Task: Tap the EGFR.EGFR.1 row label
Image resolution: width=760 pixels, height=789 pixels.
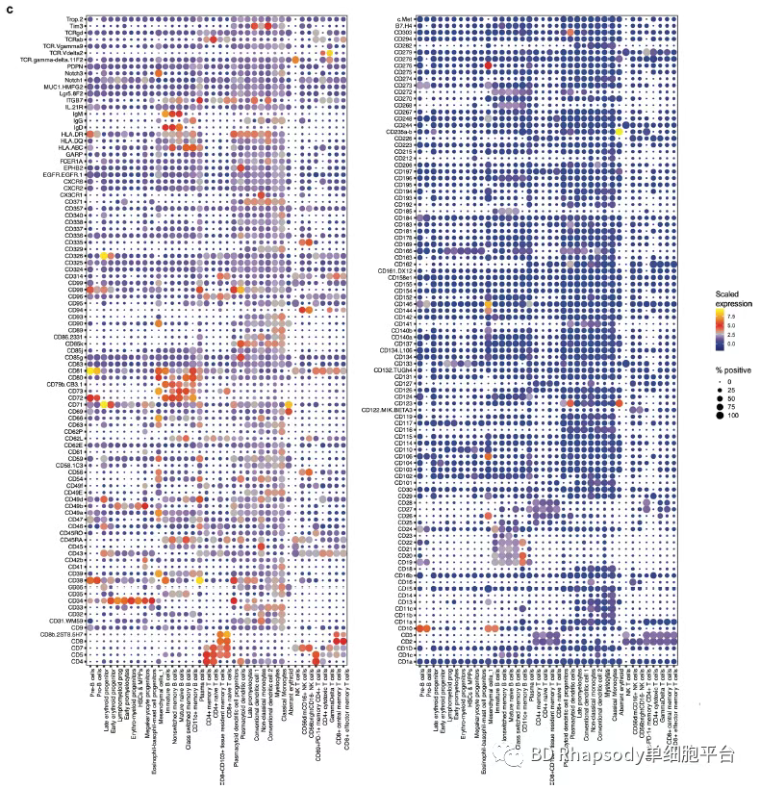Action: (64, 173)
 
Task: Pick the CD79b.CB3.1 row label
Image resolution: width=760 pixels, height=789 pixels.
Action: (66, 384)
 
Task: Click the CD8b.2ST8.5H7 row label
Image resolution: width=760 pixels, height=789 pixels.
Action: (63, 635)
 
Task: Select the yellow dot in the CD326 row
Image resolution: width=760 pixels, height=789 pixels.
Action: (103, 255)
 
